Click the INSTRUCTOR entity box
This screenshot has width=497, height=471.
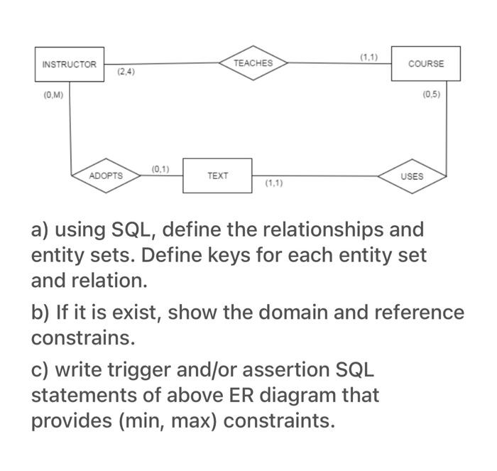pyautogui.click(x=69, y=64)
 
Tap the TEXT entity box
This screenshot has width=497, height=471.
pyautogui.click(x=217, y=175)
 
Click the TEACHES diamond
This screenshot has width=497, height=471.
pyautogui.click(x=253, y=63)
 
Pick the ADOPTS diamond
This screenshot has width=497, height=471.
pyautogui.click(x=106, y=175)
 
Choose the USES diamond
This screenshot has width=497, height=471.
pyautogui.click(x=412, y=175)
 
